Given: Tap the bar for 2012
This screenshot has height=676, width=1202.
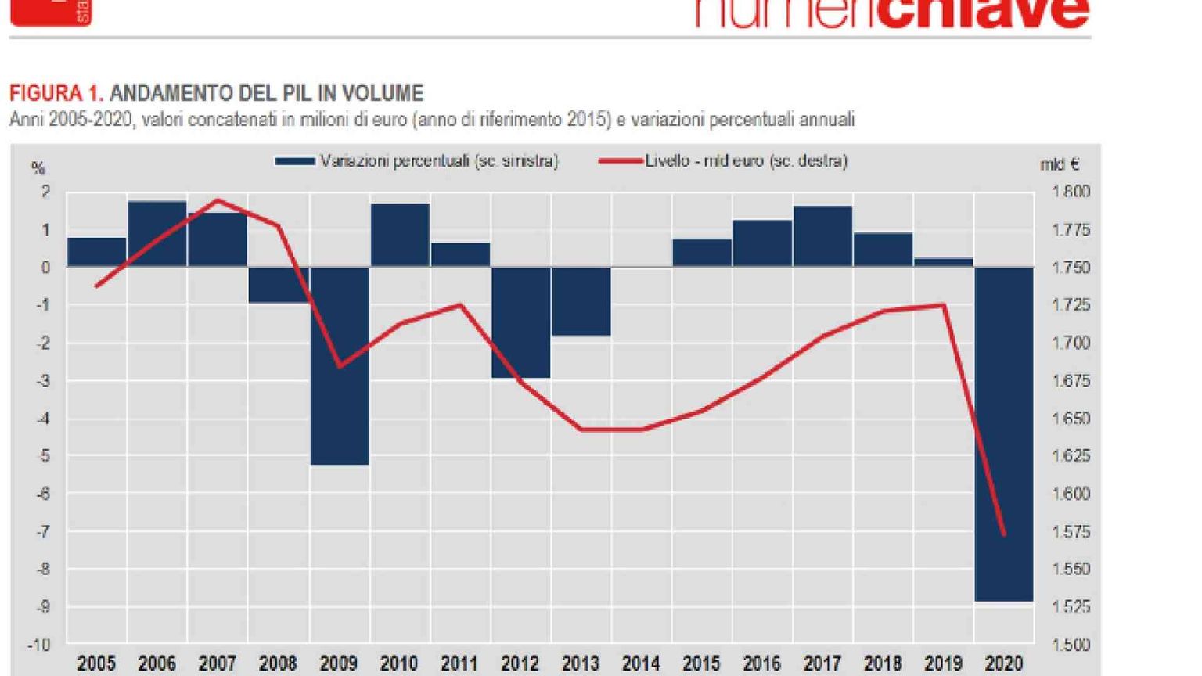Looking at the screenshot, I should pos(520,322).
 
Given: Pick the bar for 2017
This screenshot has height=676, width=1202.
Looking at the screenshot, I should pos(822,236).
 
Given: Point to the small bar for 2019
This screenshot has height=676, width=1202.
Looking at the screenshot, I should pos(944,262).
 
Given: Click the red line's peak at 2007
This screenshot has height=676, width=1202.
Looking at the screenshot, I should pos(217,200).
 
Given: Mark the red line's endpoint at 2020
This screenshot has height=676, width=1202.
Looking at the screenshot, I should pos(1004,535).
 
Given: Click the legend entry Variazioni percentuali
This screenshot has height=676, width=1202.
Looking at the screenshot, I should pos(438,161).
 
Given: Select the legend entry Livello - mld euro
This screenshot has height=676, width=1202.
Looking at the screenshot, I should pos(745,161).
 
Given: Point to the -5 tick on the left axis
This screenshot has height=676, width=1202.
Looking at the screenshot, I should pos(44,456).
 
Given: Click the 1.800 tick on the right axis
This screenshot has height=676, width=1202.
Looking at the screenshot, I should pos(1071,192).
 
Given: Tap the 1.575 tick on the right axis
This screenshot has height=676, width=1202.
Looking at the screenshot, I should pos(1071,532).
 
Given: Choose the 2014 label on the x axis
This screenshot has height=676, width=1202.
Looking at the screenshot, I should pos(641,664).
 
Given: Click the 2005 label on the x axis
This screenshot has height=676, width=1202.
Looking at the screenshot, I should pos(96,664).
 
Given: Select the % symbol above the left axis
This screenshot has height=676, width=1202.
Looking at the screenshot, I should pos(38,168).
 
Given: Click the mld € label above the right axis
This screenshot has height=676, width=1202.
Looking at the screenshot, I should pos(1060,164).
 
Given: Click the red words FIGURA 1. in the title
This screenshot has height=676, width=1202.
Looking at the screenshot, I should pos(56,94).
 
